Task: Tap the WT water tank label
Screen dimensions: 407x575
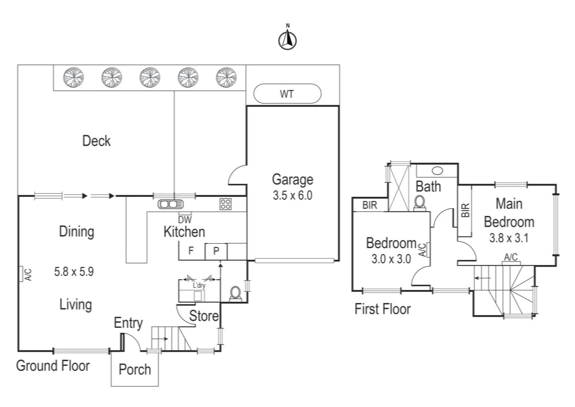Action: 287,94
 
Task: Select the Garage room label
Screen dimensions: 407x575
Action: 293,179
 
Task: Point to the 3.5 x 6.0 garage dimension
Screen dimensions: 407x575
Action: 293,196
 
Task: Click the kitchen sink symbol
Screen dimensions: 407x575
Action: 171,204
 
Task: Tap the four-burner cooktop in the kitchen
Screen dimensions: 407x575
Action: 226,204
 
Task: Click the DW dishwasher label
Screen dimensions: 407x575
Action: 185,219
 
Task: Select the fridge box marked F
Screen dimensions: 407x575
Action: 191,251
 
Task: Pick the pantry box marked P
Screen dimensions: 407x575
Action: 216,251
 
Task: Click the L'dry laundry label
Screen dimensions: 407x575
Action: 199,285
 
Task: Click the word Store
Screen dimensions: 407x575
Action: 203,316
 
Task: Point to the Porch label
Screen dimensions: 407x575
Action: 135,369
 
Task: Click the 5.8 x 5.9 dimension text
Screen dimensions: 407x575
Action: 74,271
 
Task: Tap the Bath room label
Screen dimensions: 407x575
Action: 428,186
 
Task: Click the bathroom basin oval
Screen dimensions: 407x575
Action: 437,171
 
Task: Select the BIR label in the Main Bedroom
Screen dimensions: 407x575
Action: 465,210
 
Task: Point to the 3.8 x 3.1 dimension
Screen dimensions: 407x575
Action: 509,238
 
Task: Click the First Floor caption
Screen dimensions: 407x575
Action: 383,309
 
